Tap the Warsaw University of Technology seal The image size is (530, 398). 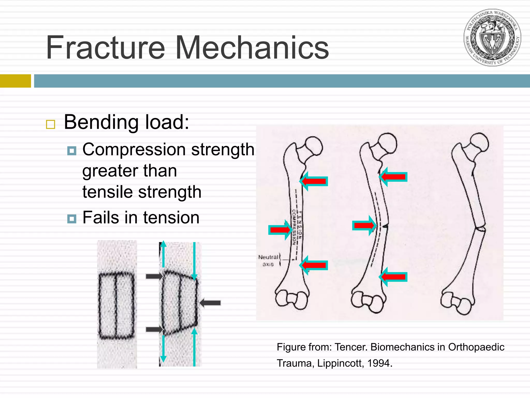click(x=492, y=38)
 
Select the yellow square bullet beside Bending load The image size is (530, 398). click(x=50, y=124)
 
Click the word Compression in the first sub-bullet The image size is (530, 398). click(x=134, y=150)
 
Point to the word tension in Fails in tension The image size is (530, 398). click(x=171, y=217)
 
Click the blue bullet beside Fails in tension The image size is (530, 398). click(x=72, y=219)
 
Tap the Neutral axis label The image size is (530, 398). click(x=268, y=260)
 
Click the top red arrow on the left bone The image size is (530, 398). click(x=314, y=181)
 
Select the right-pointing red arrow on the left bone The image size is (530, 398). click(x=280, y=230)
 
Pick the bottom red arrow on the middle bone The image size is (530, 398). click(x=393, y=277)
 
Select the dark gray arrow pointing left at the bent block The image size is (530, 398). click(x=210, y=303)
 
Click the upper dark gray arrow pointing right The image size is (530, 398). click(x=154, y=276)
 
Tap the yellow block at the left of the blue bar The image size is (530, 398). click(x=15, y=81)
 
